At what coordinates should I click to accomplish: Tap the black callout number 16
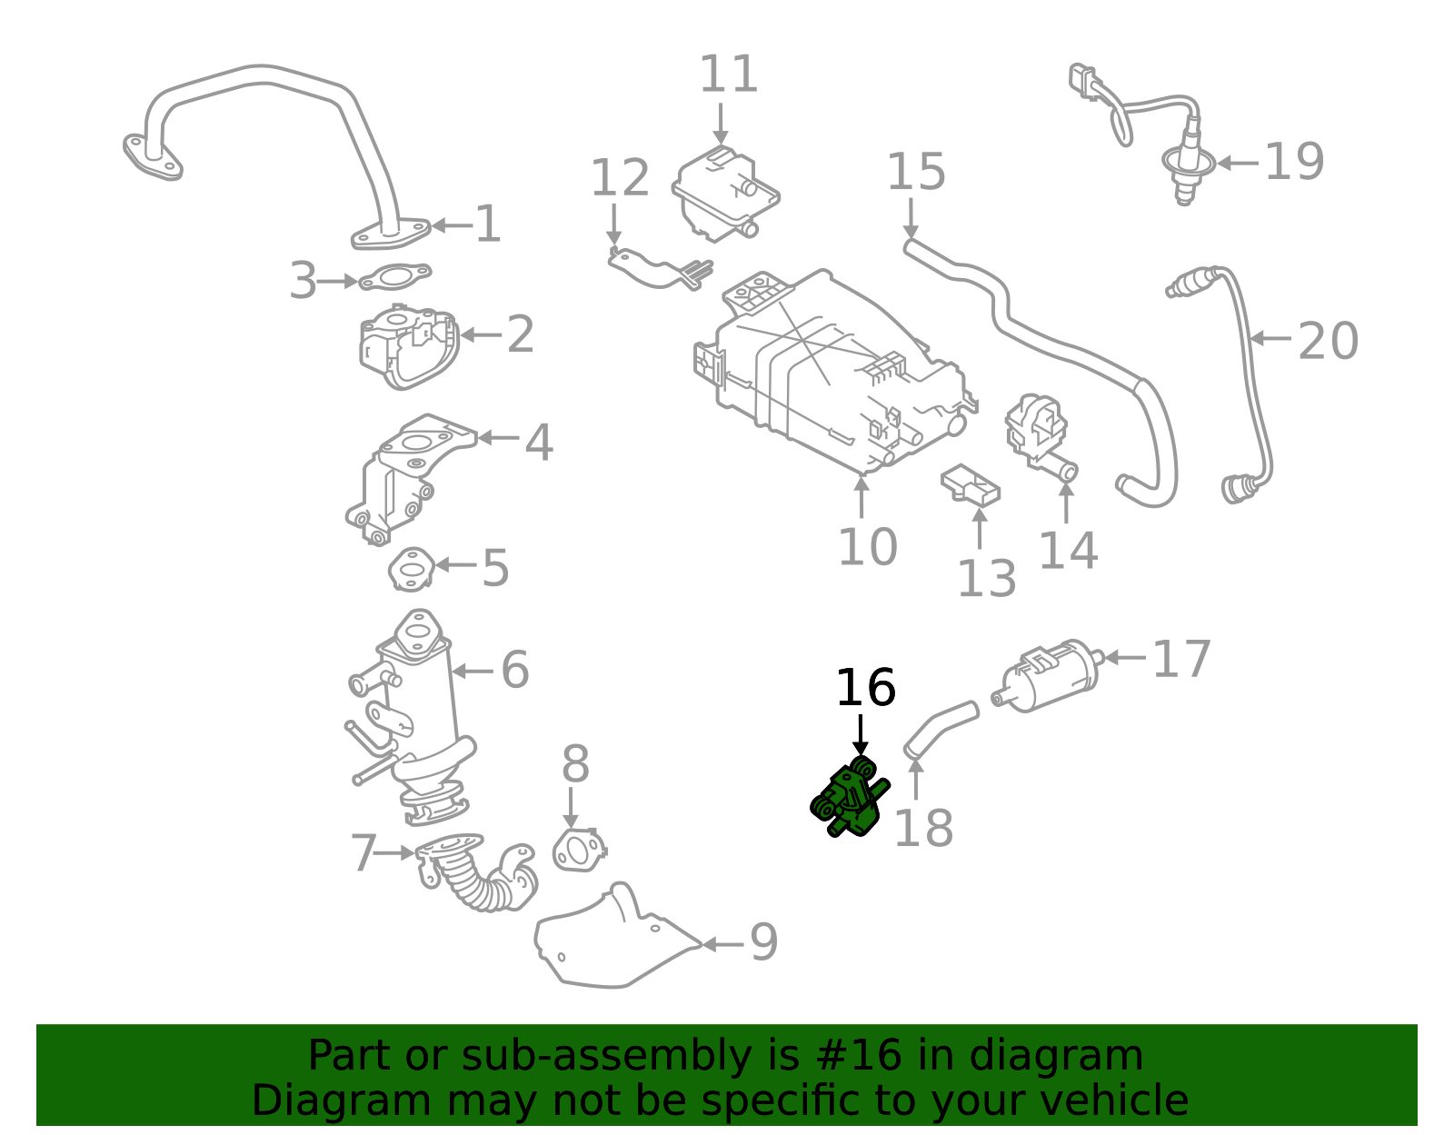865,688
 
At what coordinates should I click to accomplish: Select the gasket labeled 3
394,276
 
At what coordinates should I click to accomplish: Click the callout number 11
728,75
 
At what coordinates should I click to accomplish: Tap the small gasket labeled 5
411,569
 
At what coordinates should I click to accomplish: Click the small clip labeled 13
970,484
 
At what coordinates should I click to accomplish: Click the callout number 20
1327,342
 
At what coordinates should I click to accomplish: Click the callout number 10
867,547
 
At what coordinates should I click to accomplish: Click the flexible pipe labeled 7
477,873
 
